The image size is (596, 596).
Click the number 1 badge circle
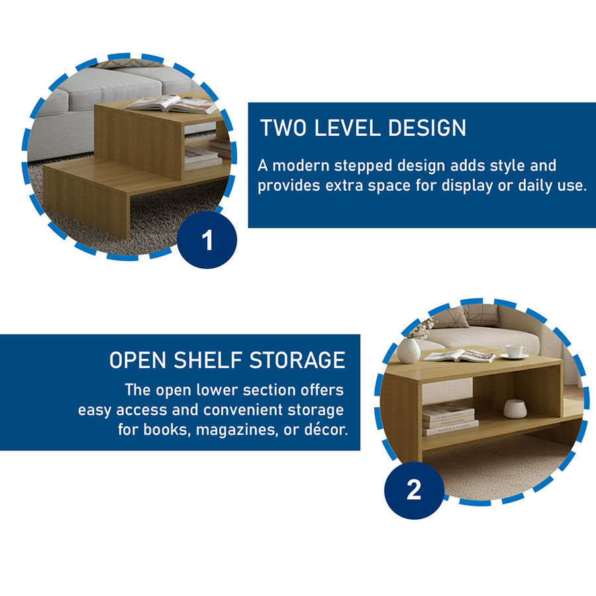point(207,240)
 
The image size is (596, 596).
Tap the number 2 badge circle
point(414,489)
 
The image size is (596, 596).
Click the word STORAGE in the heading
point(297,360)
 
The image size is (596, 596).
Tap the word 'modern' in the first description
point(301,166)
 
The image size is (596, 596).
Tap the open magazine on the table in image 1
point(172,104)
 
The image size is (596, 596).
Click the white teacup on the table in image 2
point(515,352)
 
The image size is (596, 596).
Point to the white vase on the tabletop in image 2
point(409,351)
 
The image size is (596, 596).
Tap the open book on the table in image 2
point(460,356)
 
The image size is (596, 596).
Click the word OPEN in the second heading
point(138,360)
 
